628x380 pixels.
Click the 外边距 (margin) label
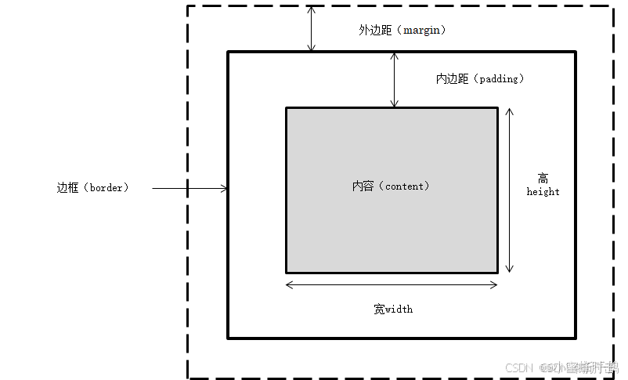[402, 31]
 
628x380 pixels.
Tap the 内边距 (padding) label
[479, 79]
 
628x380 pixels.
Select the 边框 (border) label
[92, 188]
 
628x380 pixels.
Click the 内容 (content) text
[391, 186]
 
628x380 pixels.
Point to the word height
[543, 192]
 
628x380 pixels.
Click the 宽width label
[393, 309]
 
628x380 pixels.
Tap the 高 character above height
[543, 178]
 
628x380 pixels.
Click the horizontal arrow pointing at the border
[189, 188]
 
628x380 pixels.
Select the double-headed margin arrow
[311, 29]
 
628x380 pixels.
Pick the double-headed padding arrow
[394, 80]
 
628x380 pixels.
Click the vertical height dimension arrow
[509, 190]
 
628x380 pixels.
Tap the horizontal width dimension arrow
[392, 284]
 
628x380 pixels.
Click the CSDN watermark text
[518, 367]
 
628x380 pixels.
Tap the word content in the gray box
[405, 186]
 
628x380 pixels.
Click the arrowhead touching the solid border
[225, 188]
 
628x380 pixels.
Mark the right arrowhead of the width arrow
[494, 284]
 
